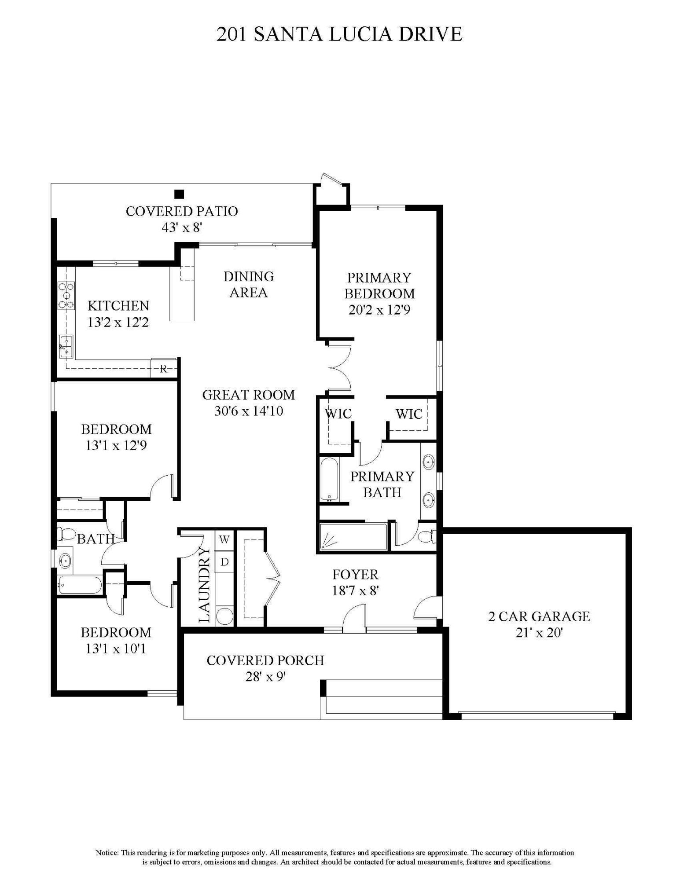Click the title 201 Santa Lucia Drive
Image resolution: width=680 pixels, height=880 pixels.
coord(339,34)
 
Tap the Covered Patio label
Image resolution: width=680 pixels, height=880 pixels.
coord(182,211)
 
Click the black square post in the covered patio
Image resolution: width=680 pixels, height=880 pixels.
coord(179,194)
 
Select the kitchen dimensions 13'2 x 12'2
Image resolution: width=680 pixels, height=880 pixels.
coord(118,322)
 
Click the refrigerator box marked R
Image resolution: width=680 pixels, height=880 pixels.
coord(163,368)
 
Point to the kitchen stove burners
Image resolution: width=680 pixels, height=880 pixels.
coord(66,295)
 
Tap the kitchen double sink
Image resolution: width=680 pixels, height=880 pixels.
coord(66,346)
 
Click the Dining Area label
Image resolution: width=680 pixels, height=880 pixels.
coord(249,284)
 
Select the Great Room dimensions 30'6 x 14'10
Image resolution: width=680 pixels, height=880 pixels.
coord(249,411)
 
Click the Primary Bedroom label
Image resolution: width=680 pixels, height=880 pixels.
coord(379,286)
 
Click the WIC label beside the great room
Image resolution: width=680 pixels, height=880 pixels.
coord(338,414)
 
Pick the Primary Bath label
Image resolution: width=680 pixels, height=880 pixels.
coord(382,484)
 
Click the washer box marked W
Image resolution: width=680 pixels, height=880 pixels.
coord(224,539)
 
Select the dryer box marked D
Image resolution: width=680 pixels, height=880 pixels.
coord(224,562)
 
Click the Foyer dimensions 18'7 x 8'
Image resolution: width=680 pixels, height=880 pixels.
coord(356,590)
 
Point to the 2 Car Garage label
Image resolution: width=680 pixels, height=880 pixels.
coord(539,616)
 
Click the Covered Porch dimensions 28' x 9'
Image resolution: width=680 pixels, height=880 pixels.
coord(266,676)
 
